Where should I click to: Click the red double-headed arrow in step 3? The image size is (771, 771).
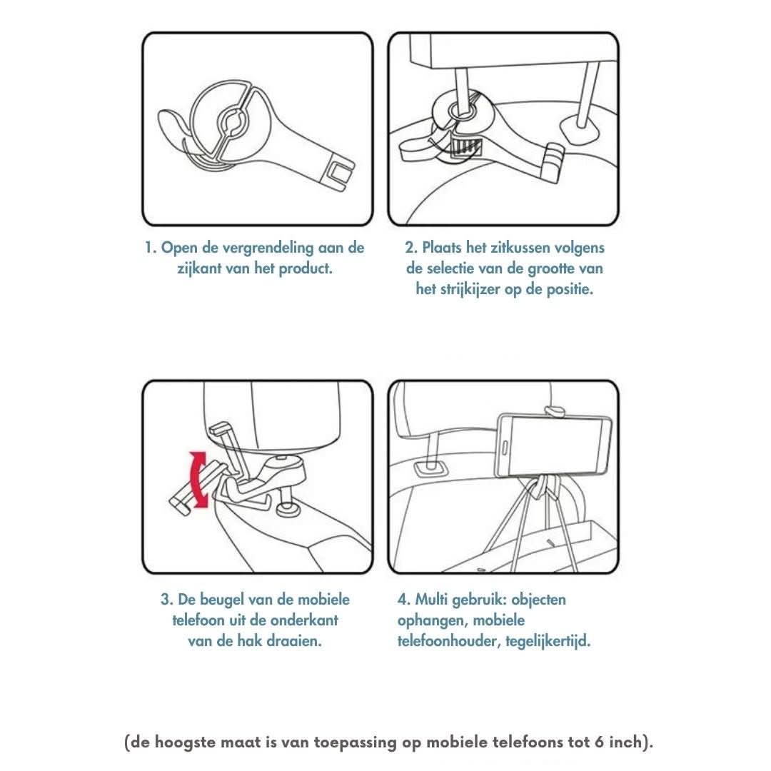[198, 479]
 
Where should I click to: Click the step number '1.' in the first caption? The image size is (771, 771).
[151, 247]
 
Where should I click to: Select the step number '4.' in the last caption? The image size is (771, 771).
[404, 600]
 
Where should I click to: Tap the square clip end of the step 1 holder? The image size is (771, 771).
[338, 173]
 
